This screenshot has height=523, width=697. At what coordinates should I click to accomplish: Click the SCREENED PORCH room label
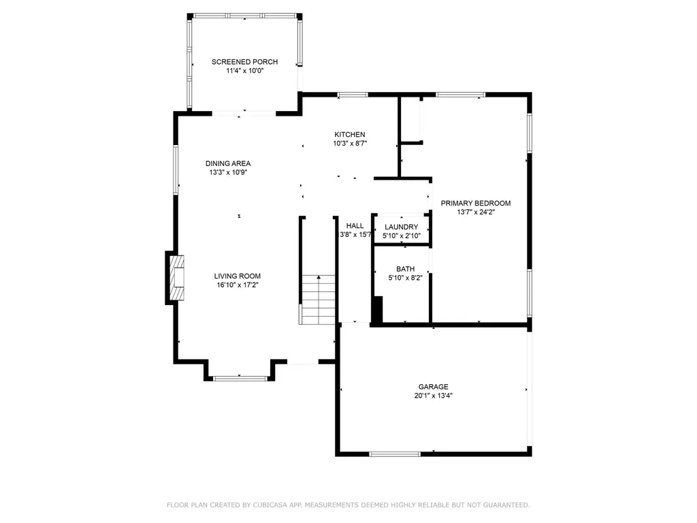click(244, 62)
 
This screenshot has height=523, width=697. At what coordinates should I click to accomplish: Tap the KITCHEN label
click(350, 134)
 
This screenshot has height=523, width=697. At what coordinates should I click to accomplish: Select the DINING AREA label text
click(228, 163)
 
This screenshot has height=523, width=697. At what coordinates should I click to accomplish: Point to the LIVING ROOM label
click(238, 276)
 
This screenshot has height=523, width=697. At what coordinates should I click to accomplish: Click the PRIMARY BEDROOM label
click(476, 203)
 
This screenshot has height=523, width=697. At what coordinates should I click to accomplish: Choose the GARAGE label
click(434, 387)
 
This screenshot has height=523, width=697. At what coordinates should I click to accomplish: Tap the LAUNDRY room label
click(402, 227)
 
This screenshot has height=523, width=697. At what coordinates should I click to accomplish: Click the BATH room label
click(406, 268)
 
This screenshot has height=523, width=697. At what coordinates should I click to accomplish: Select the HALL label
click(355, 225)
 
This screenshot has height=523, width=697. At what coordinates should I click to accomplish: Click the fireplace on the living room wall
click(175, 278)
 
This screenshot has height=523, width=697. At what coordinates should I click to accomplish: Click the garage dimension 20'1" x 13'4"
click(434, 396)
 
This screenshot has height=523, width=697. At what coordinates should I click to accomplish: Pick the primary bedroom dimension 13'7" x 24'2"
click(476, 212)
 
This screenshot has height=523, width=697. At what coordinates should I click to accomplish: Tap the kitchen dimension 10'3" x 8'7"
click(350, 143)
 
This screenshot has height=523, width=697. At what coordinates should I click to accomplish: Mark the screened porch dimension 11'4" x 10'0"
click(244, 71)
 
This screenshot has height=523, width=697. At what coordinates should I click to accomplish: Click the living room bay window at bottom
click(240, 379)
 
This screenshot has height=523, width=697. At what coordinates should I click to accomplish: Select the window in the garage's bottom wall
click(395, 454)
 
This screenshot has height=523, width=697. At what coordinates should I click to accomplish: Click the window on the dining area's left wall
click(176, 170)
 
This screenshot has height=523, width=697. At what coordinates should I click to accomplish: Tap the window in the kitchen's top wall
click(353, 95)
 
